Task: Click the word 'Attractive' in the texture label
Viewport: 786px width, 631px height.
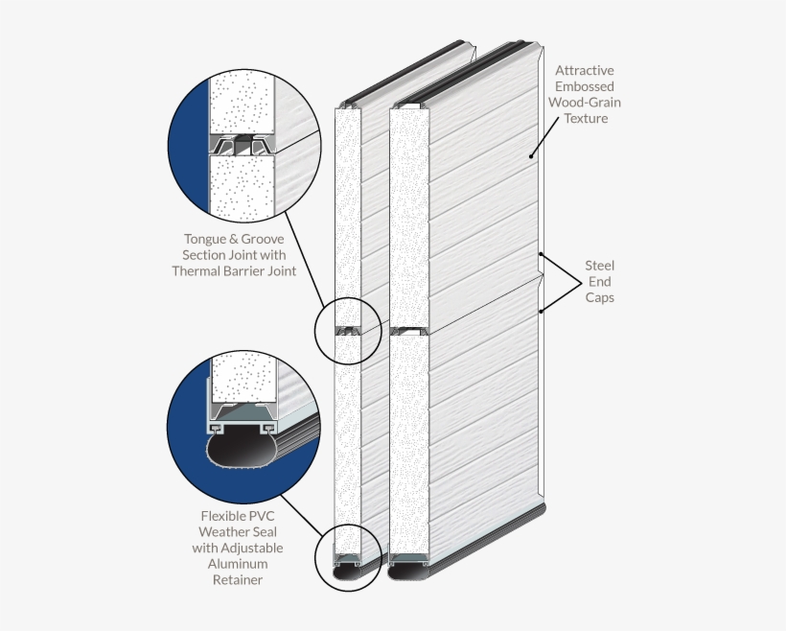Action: coord(585,70)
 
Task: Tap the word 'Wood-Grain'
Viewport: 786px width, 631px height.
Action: coord(585,103)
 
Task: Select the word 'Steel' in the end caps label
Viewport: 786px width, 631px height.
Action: coord(600,265)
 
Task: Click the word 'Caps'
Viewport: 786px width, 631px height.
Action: coord(600,297)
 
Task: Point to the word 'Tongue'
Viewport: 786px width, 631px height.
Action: coord(206,238)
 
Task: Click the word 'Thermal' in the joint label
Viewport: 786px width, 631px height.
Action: coord(198,270)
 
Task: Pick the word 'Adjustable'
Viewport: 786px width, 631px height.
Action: coord(252,548)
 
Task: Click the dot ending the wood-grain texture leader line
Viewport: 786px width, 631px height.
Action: coord(530,154)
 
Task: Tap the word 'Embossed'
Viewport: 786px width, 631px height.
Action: coord(585,86)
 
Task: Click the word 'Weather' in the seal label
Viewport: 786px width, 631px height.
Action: coord(223,531)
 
